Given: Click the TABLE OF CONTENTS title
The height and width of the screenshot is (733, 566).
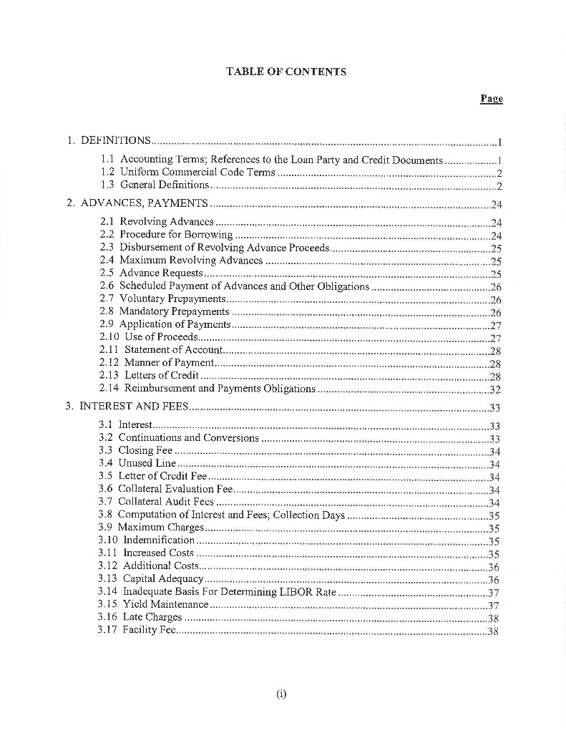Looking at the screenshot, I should (286, 72).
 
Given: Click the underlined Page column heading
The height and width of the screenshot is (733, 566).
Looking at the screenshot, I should (491, 99).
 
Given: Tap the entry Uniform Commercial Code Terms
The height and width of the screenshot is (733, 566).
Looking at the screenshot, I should (197, 173).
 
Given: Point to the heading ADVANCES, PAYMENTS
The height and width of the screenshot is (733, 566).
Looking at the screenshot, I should (145, 203).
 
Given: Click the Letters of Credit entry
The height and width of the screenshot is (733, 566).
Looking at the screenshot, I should (162, 375).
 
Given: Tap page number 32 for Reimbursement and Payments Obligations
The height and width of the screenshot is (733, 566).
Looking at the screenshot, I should (494, 389).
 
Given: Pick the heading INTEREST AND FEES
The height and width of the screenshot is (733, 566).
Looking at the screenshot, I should (134, 407).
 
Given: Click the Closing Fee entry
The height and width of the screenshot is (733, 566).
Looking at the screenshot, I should (145, 450).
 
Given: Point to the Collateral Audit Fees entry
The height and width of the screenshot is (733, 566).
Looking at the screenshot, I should (165, 502).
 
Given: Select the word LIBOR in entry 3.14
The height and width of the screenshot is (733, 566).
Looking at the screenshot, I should (298, 592).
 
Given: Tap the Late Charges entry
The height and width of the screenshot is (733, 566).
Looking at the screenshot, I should (152, 617).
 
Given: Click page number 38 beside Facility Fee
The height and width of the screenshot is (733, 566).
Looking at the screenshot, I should (492, 631).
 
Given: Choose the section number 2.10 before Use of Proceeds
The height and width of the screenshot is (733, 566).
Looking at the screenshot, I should (109, 337).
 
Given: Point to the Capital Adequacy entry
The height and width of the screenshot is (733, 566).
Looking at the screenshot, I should (163, 578).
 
